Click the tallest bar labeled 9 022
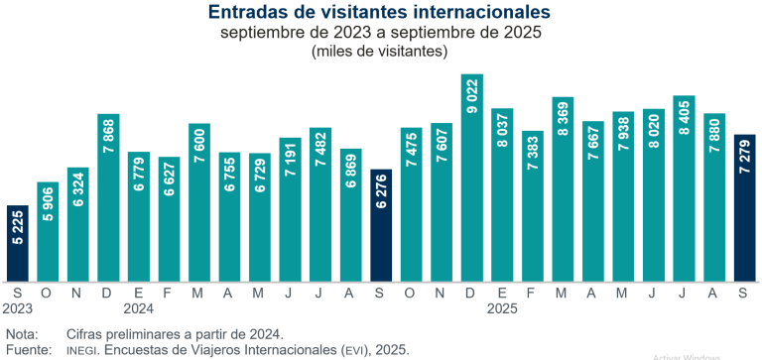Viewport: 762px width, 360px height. [472, 178]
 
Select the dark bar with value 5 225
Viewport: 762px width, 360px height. [18, 243]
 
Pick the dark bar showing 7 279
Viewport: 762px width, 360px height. [745, 207]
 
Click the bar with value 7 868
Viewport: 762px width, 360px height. [109, 197]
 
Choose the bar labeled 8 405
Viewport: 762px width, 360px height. [684, 188]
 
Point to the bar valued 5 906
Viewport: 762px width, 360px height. [48, 231]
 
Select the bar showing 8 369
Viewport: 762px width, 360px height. [563, 189]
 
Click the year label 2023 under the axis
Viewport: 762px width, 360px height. [18, 308]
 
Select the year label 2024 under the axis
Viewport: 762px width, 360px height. [139, 308]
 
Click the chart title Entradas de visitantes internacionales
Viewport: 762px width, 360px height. [381, 12]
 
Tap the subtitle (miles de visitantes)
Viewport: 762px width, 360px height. [381, 51]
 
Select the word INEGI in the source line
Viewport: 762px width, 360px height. [84, 350]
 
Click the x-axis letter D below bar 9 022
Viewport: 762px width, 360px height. [472, 293]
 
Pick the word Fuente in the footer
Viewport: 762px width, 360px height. [27, 350]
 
